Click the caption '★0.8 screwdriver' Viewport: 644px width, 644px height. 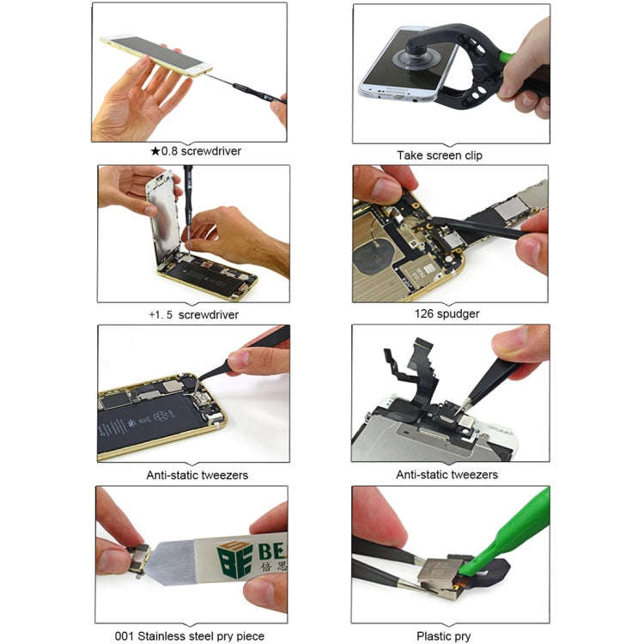point(196,151)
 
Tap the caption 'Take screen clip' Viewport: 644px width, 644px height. point(439,155)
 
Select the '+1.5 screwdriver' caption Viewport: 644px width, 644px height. point(193,314)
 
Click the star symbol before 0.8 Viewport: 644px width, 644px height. point(155,151)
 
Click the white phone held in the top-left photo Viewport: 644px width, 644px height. point(155,57)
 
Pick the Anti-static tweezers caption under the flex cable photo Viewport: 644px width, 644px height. point(447,474)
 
